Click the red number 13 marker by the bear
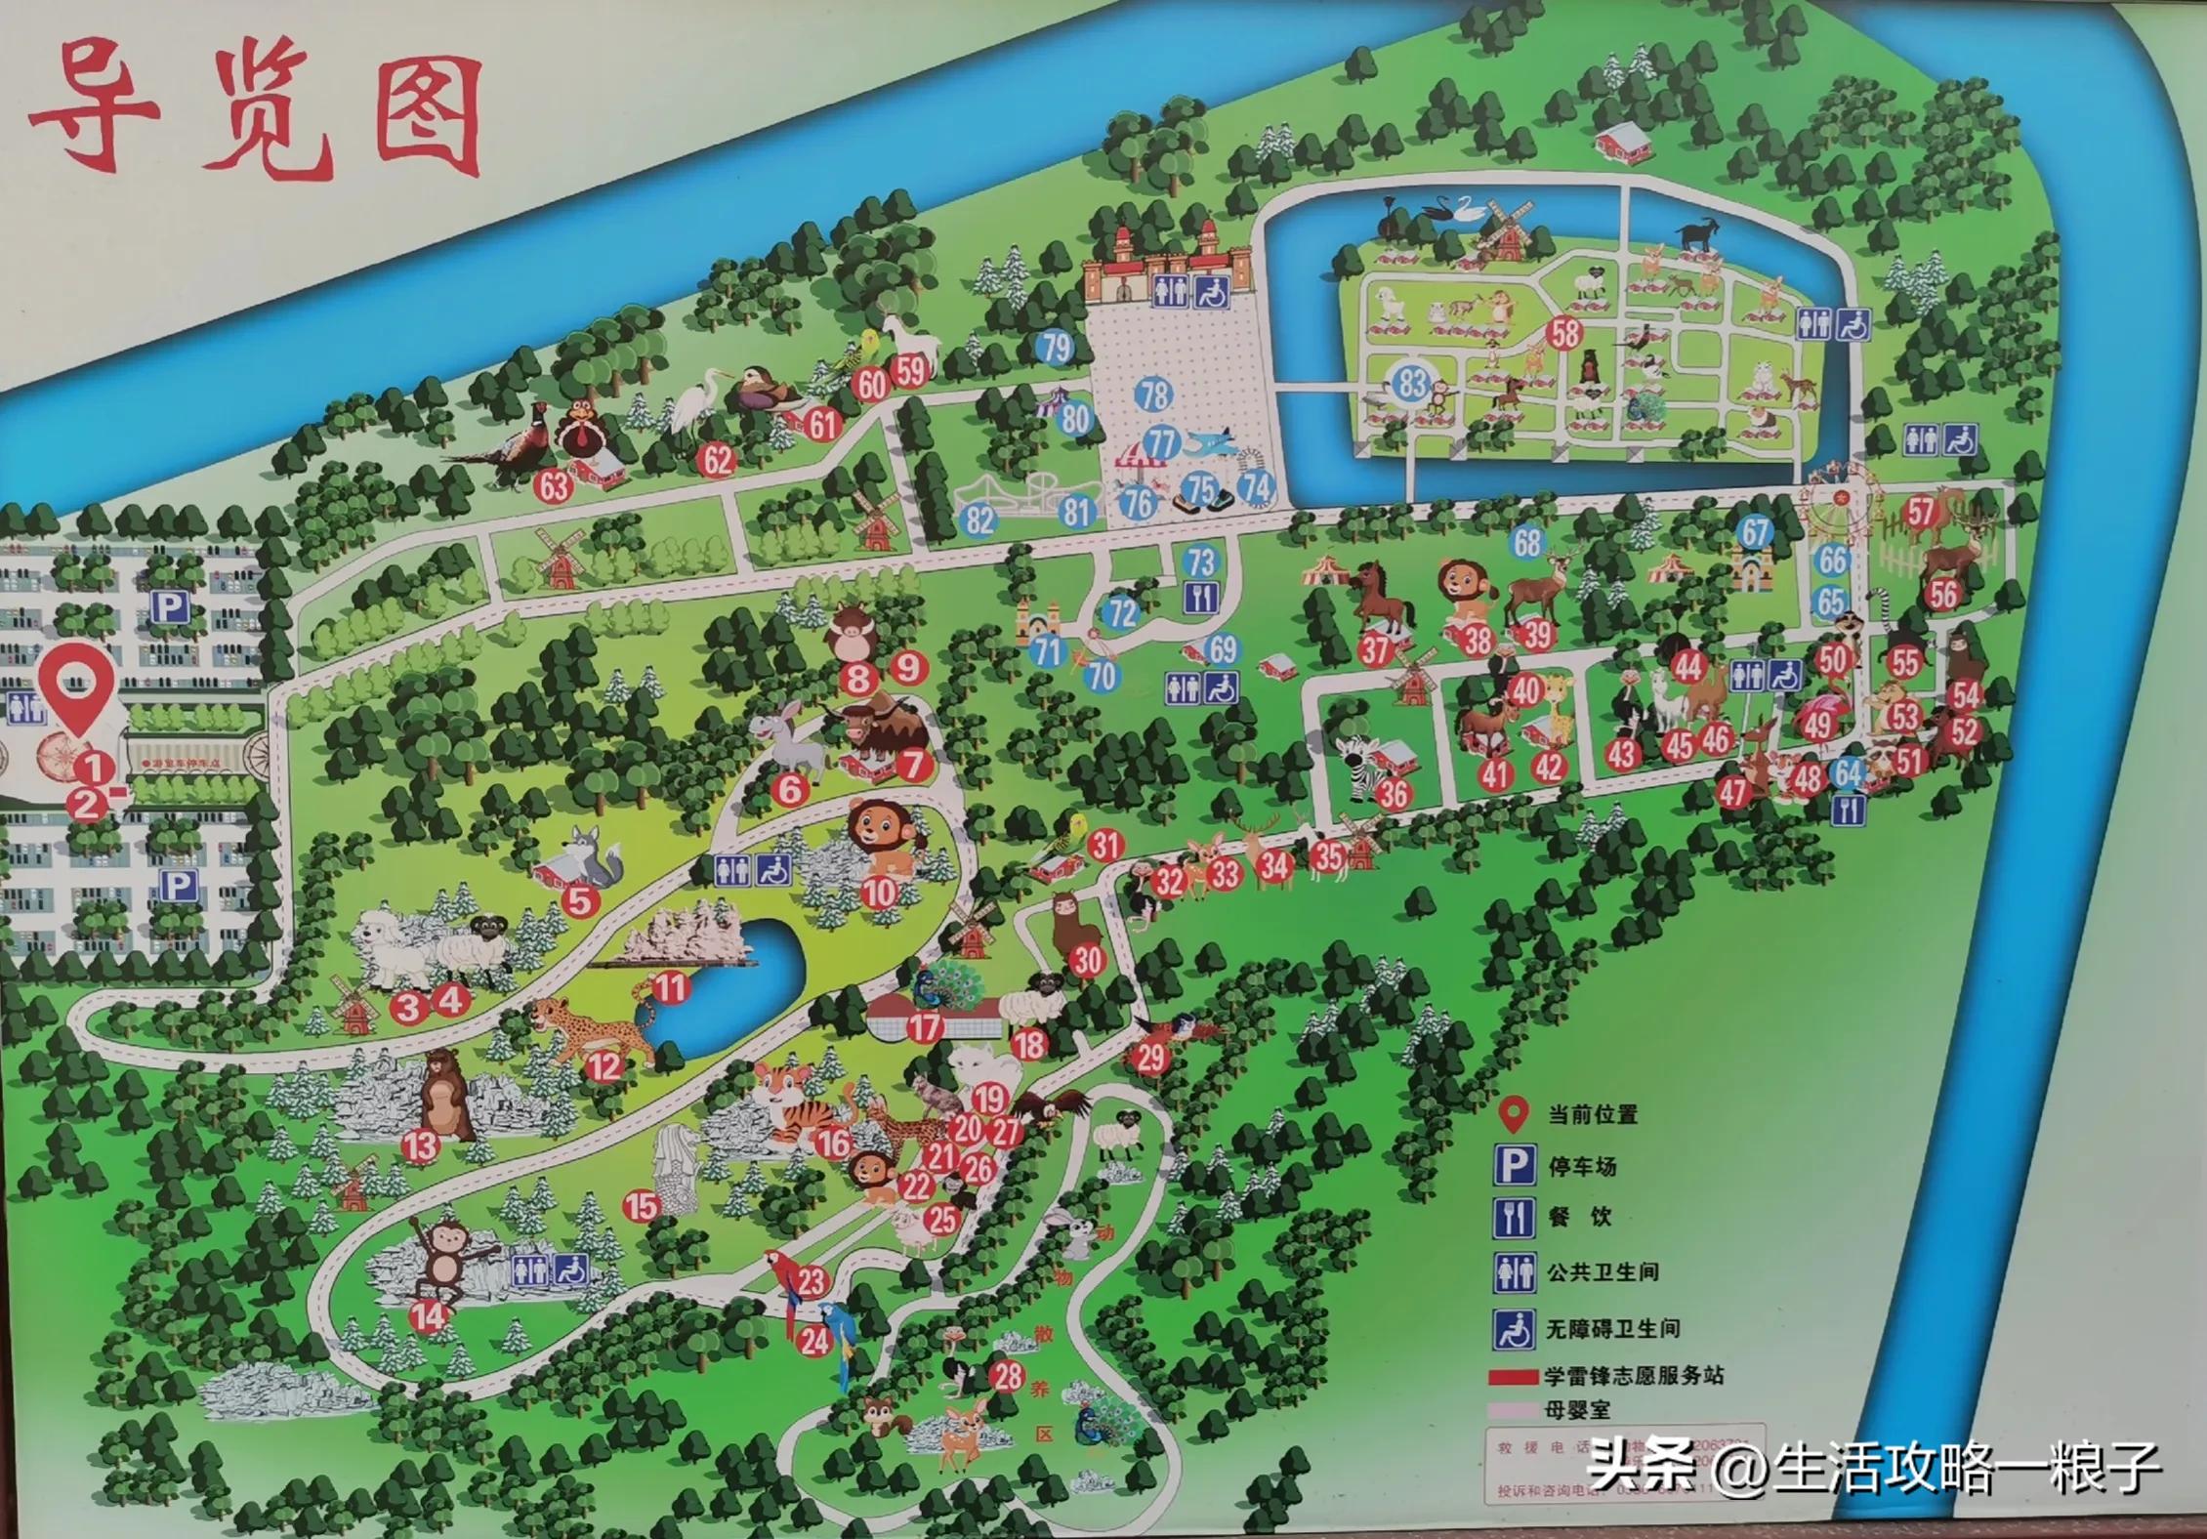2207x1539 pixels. click(x=421, y=1145)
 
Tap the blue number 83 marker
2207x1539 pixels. click(x=1411, y=382)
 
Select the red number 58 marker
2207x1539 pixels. click(x=1564, y=333)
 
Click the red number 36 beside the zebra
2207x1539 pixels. click(x=1393, y=794)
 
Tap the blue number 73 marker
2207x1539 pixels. click(x=1200, y=562)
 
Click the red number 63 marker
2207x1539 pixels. click(x=555, y=485)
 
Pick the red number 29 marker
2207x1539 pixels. click(x=1151, y=1057)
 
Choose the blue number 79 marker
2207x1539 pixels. click(x=1055, y=348)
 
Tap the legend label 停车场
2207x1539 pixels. click(x=1582, y=1166)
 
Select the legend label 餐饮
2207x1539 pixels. click(x=1579, y=1218)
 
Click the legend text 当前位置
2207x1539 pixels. click(x=1592, y=1114)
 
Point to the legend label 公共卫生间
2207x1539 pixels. click(x=1603, y=1272)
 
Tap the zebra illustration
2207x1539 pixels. click(x=1360, y=765)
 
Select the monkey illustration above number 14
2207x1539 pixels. click(x=441, y=1260)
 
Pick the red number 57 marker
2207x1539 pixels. click(x=1920, y=512)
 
